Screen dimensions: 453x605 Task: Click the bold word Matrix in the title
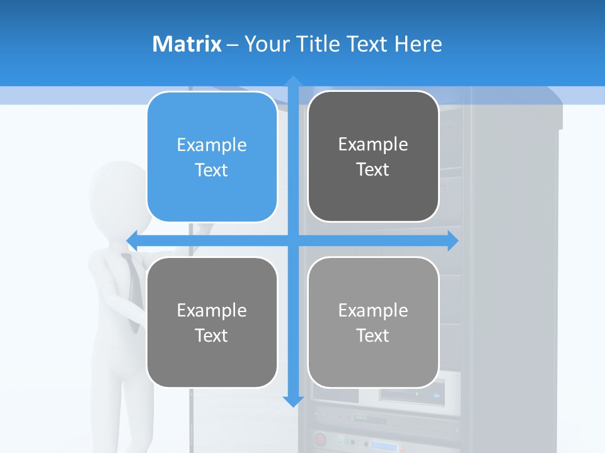tap(187, 44)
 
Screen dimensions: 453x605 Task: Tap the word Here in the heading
tap(418, 44)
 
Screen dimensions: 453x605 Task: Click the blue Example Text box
tap(212, 157)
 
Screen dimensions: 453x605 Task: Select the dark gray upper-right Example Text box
tap(373, 157)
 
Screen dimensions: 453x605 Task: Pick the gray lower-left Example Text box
tap(212, 322)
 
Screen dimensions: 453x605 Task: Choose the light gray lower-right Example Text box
tap(373, 322)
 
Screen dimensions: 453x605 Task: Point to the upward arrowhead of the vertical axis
tap(293, 81)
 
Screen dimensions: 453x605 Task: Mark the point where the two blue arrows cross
tap(293, 240)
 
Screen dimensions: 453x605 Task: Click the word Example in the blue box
tap(212, 145)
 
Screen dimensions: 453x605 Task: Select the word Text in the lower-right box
tap(373, 335)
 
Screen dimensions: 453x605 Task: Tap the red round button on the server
tap(320, 439)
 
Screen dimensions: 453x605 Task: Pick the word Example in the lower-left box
tap(212, 310)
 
